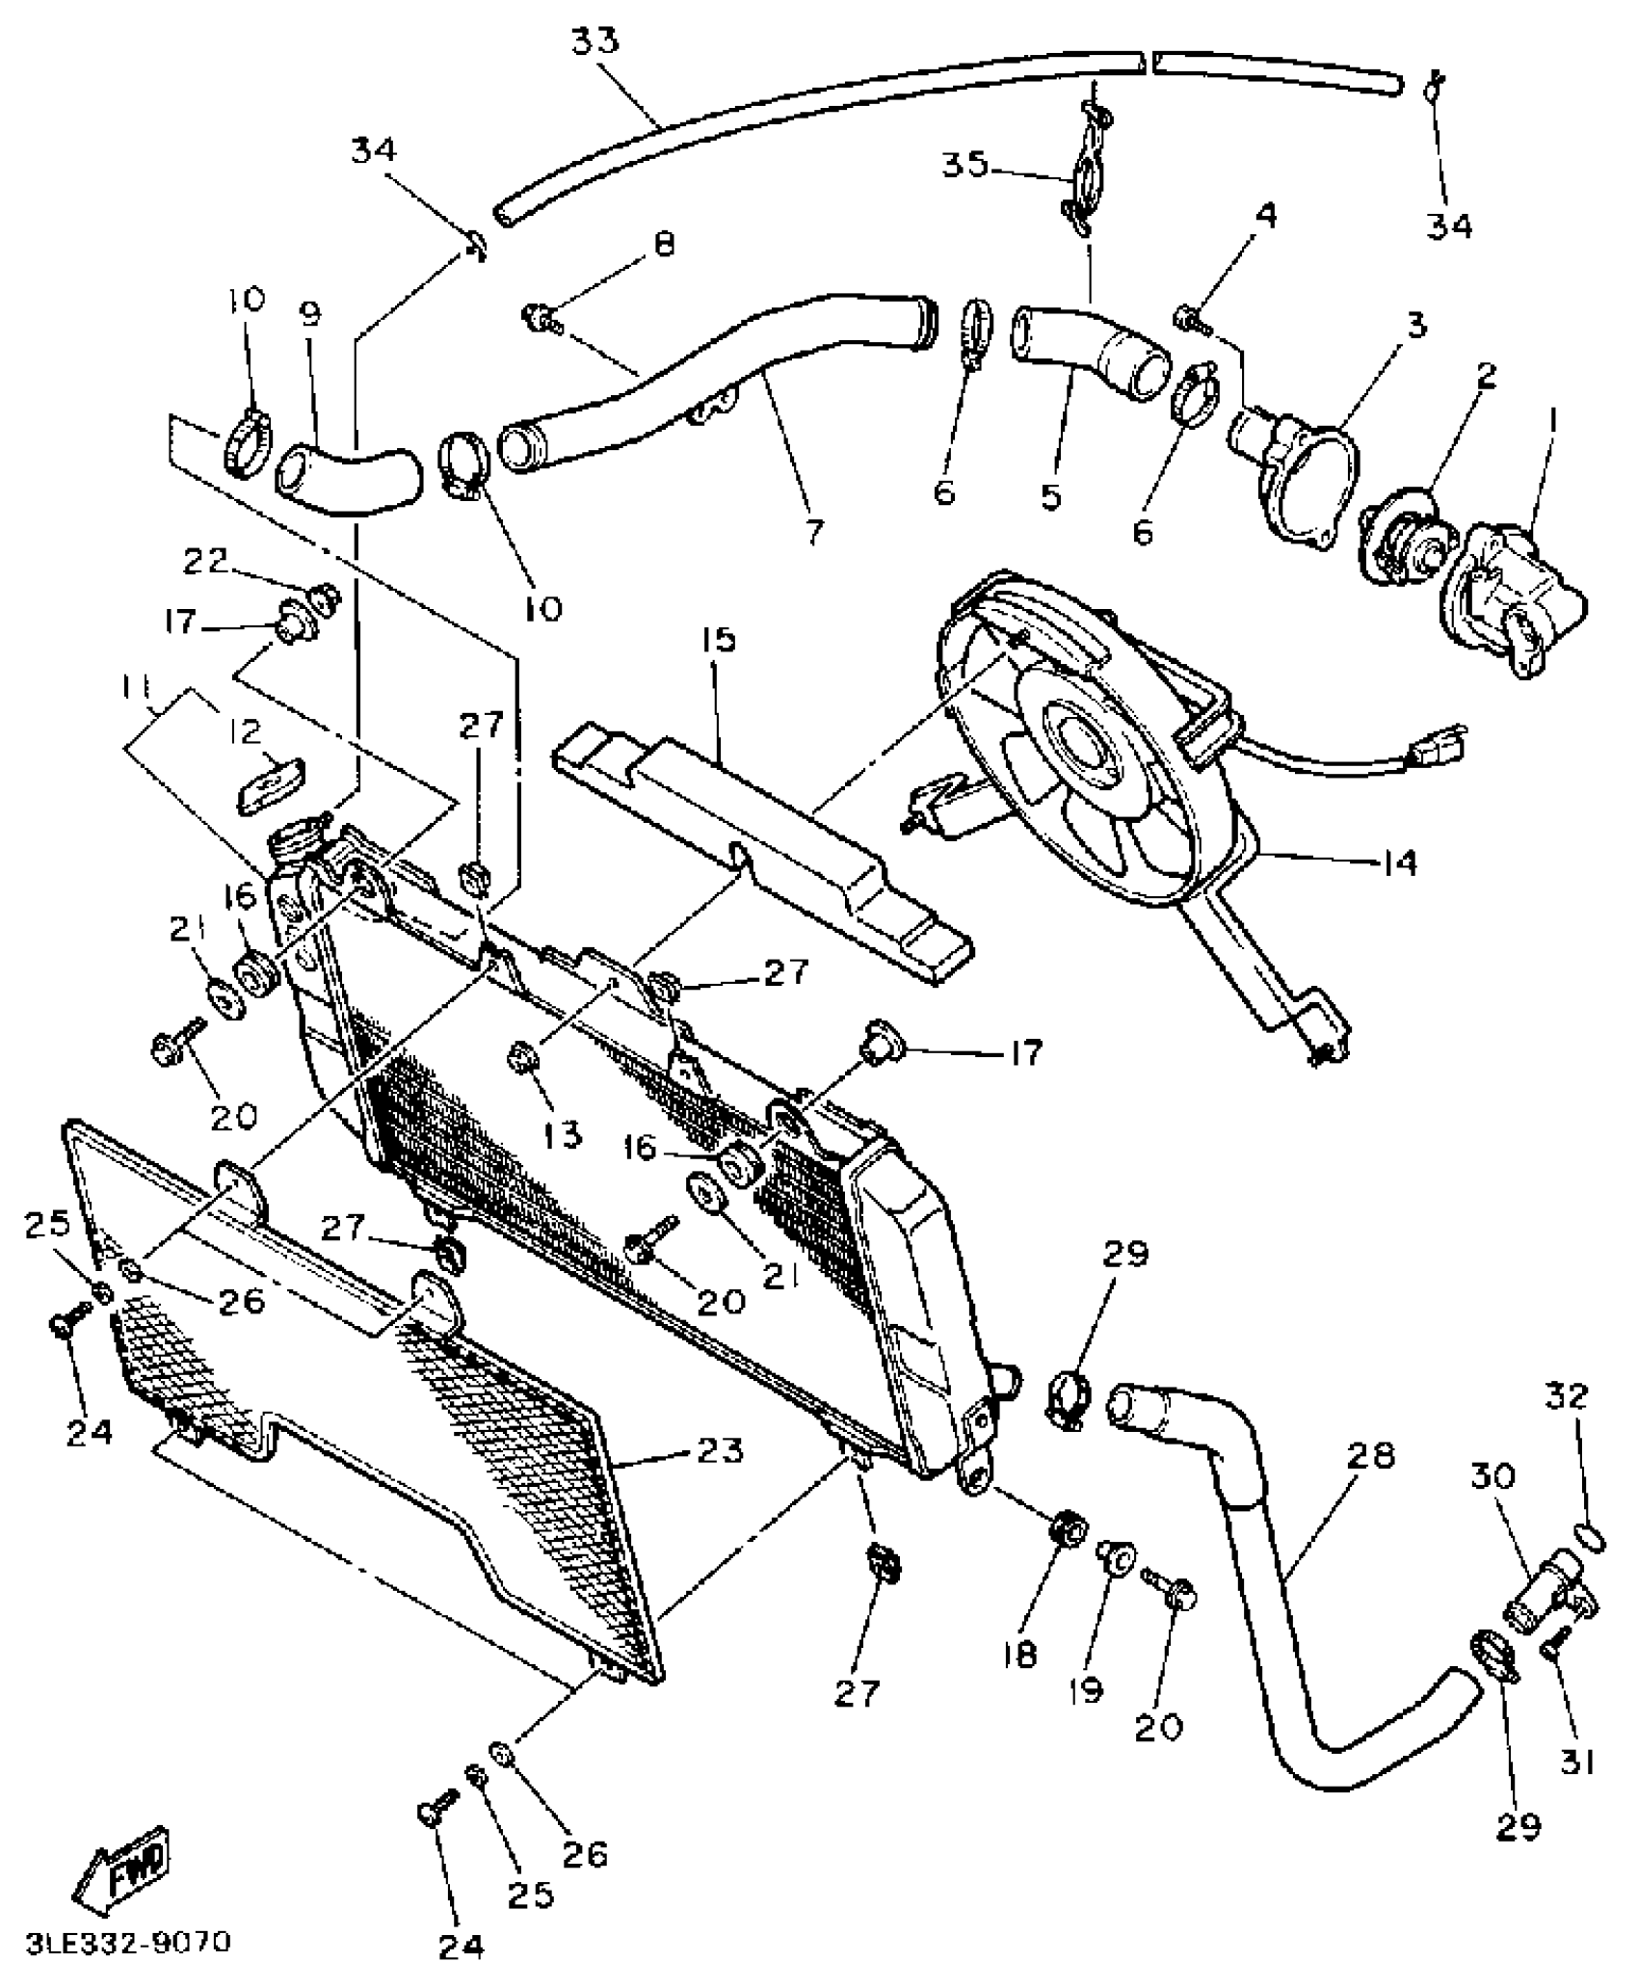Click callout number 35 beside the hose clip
click(964, 165)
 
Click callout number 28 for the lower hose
click(1371, 1456)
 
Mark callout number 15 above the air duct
click(719, 640)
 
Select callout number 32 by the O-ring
click(1567, 1396)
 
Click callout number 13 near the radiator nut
click(561, 1135)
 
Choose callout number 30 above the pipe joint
click(1493, 1476)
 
